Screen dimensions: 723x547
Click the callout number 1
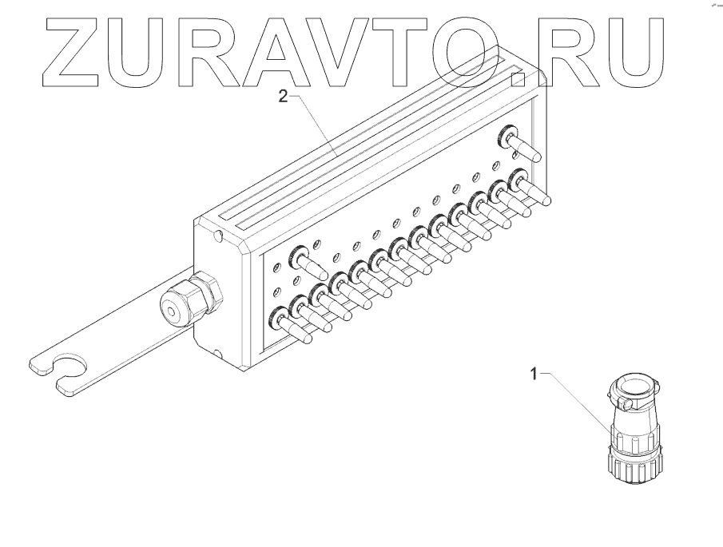pos(537,372)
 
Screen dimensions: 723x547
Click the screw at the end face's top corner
pos(218,236)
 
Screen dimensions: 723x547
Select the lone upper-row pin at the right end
pos(519,144)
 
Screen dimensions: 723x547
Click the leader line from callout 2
pos(316,124)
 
